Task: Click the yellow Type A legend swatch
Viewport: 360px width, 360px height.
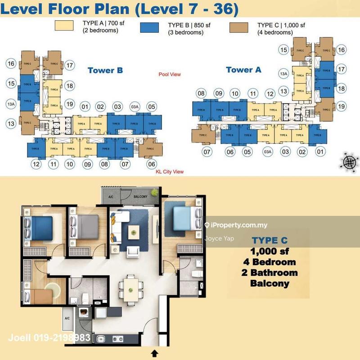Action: (66, 27)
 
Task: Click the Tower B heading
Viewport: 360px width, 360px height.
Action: (105, 70)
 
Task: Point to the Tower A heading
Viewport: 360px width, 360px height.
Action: (243, 70)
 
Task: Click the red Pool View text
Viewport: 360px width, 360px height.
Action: (170, 74)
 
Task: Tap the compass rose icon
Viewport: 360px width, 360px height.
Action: (349, 161)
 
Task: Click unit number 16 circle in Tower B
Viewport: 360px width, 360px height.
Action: (11, 64)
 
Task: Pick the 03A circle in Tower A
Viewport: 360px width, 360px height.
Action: (268, 152)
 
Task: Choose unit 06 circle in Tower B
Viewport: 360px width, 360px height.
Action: (152, 164)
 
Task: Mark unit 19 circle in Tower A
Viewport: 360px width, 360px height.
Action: (341, 107)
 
